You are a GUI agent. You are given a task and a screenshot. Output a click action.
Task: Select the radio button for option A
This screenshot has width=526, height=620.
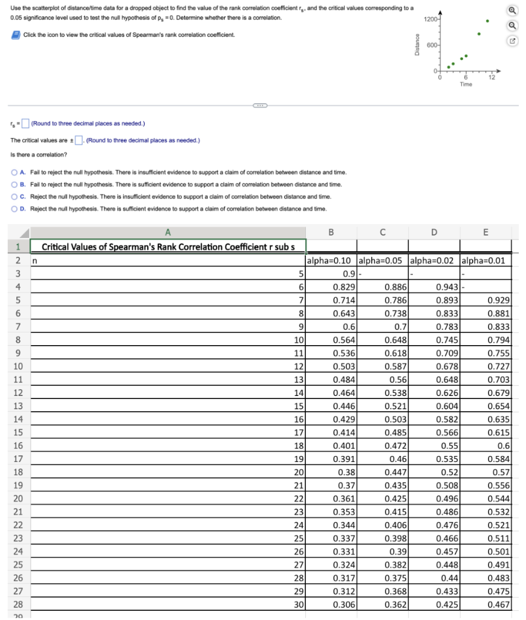15,172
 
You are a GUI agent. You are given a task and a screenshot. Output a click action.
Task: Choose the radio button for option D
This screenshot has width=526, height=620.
15,209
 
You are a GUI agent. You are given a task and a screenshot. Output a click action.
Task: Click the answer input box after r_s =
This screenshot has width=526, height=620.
25,124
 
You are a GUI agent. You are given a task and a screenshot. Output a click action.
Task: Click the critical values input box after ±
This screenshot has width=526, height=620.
78,140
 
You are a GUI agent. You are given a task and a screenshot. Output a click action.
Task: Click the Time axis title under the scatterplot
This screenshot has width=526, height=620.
465,85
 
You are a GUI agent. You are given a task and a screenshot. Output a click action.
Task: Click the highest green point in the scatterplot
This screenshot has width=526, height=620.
487,21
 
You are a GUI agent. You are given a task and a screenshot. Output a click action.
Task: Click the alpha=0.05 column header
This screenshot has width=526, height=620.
382,261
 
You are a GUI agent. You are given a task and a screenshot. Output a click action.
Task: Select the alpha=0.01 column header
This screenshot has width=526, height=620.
485,261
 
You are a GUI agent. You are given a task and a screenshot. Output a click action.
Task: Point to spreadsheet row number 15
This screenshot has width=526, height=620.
18,432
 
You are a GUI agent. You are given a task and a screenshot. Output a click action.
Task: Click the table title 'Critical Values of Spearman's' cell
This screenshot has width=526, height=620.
167,247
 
